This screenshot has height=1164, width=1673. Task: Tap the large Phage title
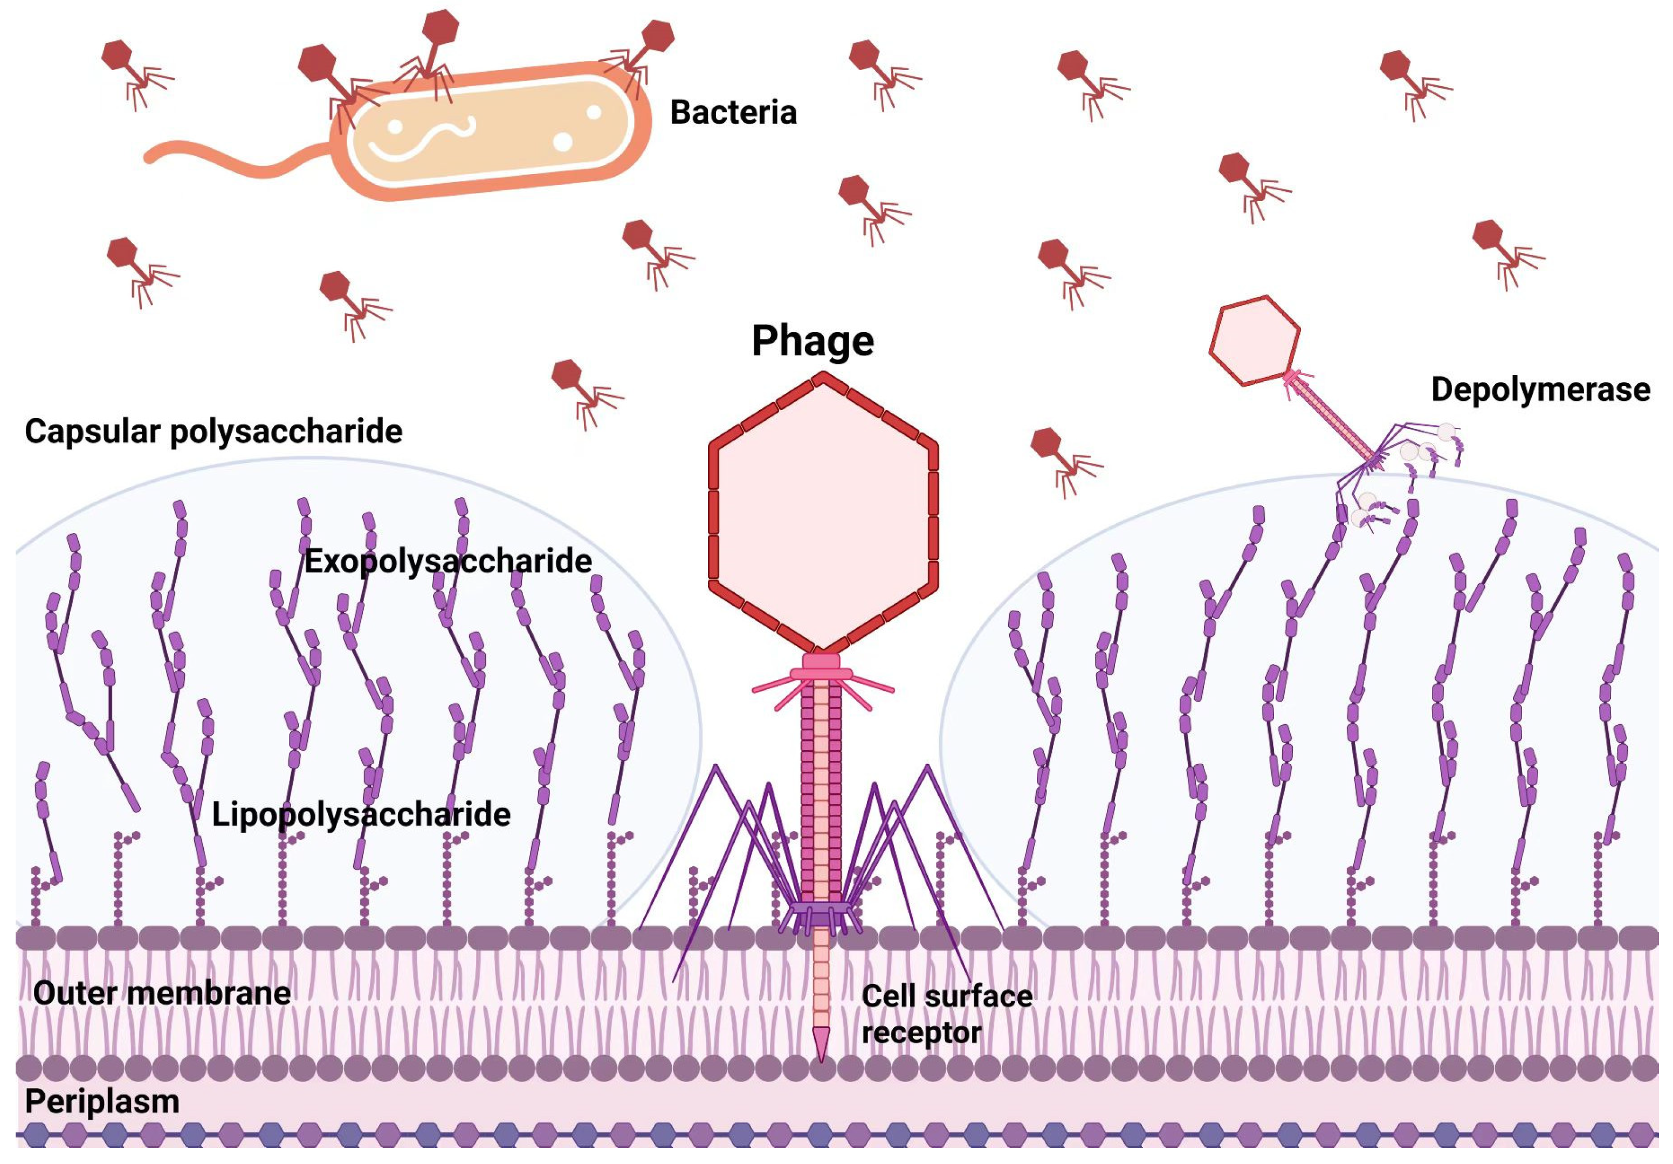pos(813,341)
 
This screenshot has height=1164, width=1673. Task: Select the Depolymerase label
pos(1540,390)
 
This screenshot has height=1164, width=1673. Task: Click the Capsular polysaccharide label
pos(214,431)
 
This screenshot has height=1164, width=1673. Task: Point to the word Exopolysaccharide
pos(447,561)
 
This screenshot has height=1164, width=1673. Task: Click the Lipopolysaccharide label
pos(361,814)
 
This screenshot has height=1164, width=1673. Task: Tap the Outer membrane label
pos(162,993)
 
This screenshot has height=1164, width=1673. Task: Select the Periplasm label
pos(102,1101)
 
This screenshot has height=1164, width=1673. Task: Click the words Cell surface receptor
pos(945,1014)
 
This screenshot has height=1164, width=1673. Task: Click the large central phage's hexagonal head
pos(823,514)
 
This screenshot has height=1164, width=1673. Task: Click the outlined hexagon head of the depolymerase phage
pos(1254,340)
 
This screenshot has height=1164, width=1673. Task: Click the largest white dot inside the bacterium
pos(562,141)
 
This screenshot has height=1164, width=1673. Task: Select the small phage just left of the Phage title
pos(583,390)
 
